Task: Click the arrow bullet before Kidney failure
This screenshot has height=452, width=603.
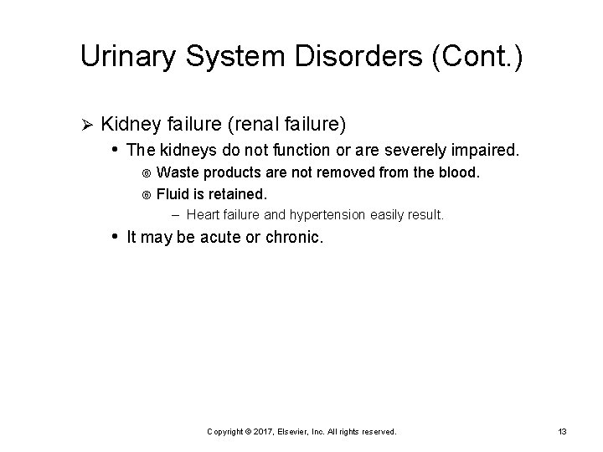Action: click(84, 125)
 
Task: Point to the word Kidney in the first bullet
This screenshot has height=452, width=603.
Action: click(131, 125)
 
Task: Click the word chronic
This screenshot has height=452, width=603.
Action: click(292, 238)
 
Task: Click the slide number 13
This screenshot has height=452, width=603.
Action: click(562, 432)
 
